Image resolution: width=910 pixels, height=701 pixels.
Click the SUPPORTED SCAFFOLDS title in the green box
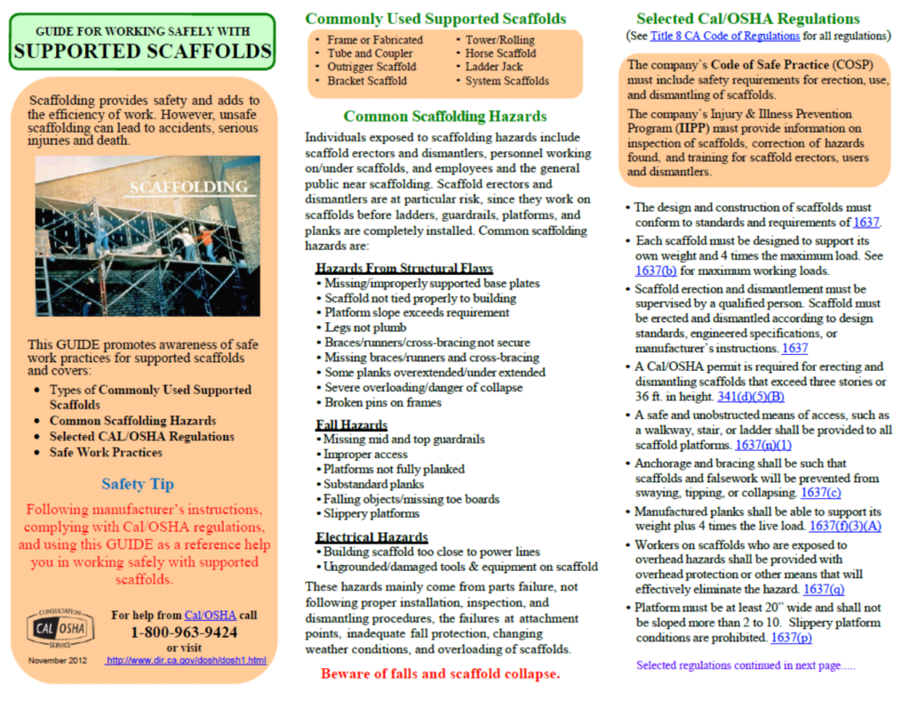pyautogui.click(x=142, y=52)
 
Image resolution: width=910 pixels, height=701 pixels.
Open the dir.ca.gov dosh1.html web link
pyautogui.click(x=185, y=660)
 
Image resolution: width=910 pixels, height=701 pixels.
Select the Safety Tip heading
pyautogui.click(x=138, y=485)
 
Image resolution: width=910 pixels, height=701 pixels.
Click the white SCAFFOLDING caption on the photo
pyautogui.click(x=188, y=187)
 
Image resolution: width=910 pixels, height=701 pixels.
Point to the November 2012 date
pyautogui.click(x=59, y=660)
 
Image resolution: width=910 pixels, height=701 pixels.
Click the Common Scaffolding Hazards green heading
pyautogui.click(x=445, y=117)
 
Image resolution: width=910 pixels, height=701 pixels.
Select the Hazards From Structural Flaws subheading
pyautogui.click(x=403, y=269)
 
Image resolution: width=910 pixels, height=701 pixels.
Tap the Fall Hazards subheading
pyautogui.click(x=351, y=425)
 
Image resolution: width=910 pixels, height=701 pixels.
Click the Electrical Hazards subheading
pyautogui.click(x=371, y=537)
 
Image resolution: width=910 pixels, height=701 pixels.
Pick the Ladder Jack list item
pyautogui.click(x=494, y=67)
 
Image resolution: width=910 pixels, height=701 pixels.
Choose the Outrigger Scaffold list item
pyautogui.click(x=371, y=67)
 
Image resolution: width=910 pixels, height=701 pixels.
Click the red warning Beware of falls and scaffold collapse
pyautogui.click(x=441, y=673)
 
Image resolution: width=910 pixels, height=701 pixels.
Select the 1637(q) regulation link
pyautogui.click(x=823, y=589)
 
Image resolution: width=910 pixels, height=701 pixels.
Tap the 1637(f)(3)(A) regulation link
pyautogui.click(x=845, y=526)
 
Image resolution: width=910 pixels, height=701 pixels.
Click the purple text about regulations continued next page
pyautogui.click(x=746, y=665)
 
